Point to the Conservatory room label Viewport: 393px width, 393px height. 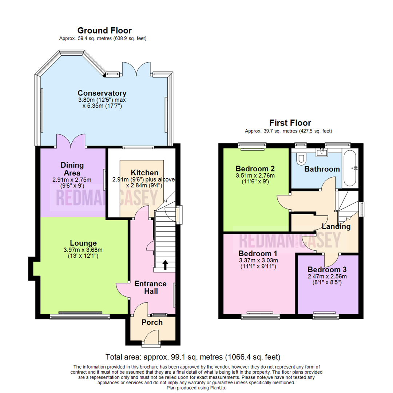102,93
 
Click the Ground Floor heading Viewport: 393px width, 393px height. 104,31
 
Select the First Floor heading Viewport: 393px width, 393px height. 290,123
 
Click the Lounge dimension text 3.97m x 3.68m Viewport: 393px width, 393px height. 83,250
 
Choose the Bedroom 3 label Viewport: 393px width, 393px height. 327,270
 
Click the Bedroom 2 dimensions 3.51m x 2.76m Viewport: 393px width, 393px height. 255,175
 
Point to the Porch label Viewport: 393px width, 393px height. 152,322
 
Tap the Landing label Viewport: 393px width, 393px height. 336,227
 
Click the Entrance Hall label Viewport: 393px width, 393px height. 150,287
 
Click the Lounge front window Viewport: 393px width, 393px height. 80,317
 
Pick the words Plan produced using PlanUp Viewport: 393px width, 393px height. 196,388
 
